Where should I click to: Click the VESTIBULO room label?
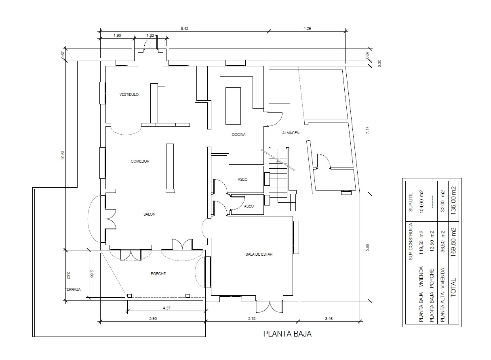(x=129, y=95)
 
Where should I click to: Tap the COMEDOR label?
(x=140, y=161)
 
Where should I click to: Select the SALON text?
(x=149, y=214)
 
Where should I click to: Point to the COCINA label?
(x=238, y=134)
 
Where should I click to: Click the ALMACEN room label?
(x=291, y=133)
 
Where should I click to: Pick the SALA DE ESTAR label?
(x=259, y=254)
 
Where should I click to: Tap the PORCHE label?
(x=158, y=273)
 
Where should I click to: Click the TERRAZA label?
(x=73, y=289)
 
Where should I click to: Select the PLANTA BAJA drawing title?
(x=287, y=334)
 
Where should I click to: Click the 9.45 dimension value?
(x=184, y=29)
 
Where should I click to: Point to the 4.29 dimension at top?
(x=307, y=29)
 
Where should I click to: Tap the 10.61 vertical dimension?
(x=63, y=155)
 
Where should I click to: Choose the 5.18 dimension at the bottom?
(x=252, y=318)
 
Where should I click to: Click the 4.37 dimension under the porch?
(x=166, y=308)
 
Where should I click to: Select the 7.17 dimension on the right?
(x=368, y=130)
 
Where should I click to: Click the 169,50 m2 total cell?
(x=453, y=240)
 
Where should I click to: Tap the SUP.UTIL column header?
(x=411, y=202)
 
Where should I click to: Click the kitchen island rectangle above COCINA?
(x=233, y=106)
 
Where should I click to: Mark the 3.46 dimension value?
(x=329, y=318)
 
